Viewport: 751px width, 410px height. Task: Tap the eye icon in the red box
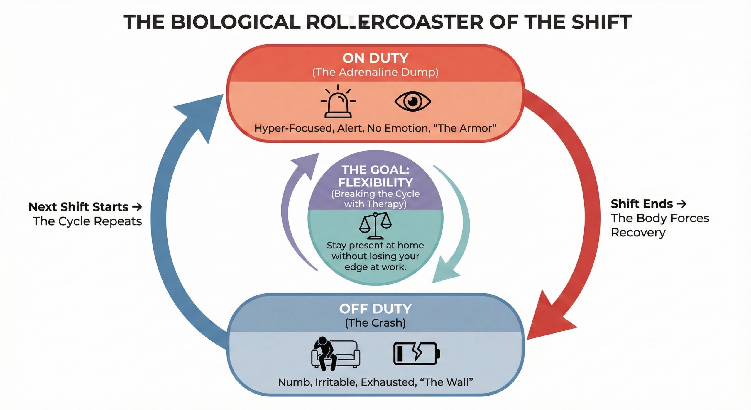[x=412, y=102]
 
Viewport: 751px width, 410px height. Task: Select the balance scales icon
[x=375, y=226]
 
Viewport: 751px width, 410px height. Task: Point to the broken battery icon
[x=416, y=354]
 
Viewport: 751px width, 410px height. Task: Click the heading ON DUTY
[x=375, y=58]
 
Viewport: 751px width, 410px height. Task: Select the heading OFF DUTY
[x=375, y=309]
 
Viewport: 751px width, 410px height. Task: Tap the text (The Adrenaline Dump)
[x=375, y=72]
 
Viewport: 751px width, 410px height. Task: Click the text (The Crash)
[x=375, y=323]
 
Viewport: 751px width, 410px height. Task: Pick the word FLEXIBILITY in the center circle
[x=375, y=183]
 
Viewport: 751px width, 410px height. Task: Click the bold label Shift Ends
[x=642, y=204]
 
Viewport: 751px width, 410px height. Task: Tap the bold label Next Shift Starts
[x=79, y=207]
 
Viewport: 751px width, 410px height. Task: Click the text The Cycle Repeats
[x=87, y=221]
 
